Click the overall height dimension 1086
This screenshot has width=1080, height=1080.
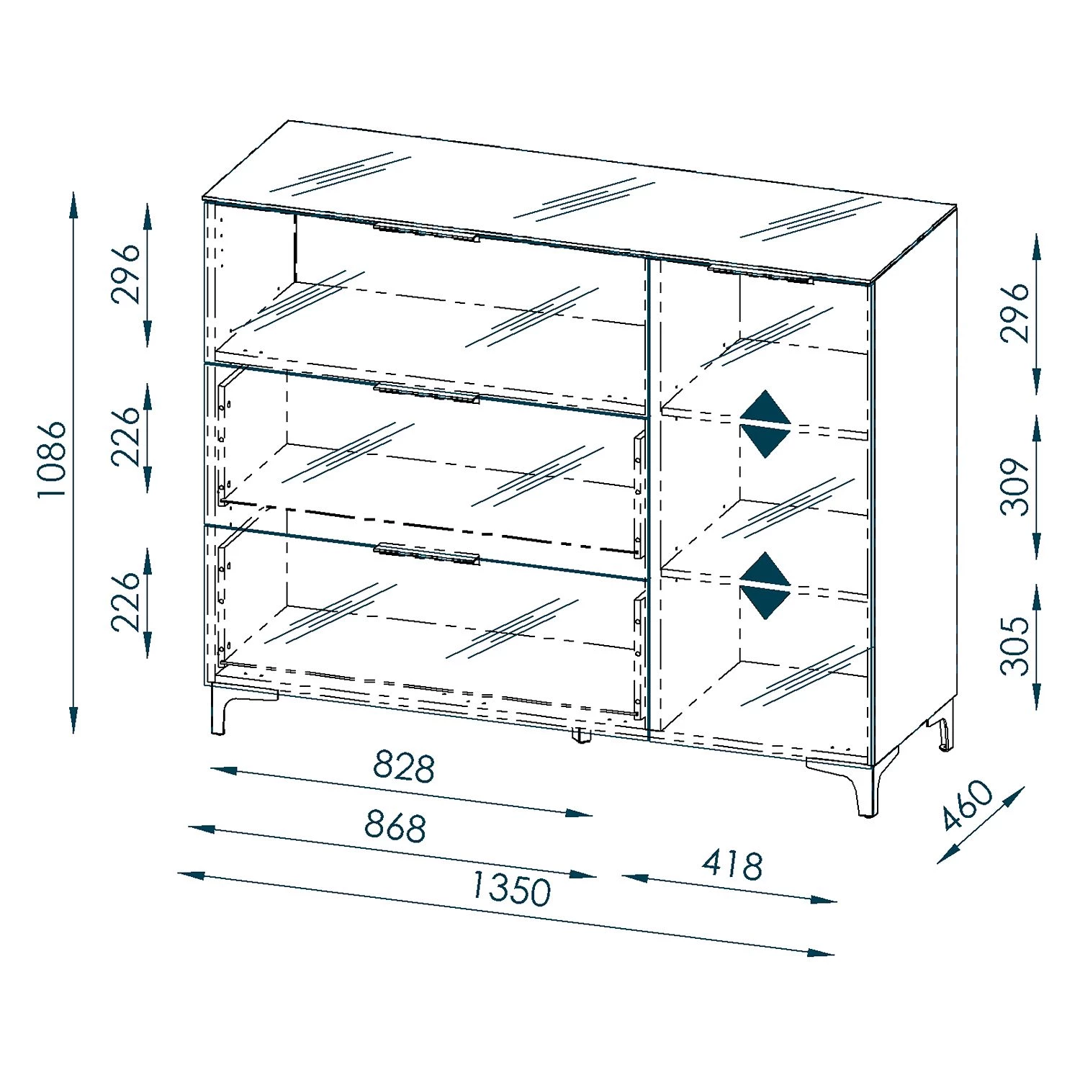(x=52, y=459)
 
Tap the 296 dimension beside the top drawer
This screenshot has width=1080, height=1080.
(x=126, y=274)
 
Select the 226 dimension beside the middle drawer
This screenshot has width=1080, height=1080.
(x=126, y=436)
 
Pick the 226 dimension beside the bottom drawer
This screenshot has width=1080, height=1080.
(x=126, y=601)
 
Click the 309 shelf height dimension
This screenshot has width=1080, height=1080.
(x=1015, y=486)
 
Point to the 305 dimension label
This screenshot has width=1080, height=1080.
(x=1015, y=645)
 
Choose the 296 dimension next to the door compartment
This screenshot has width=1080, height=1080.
(x=1015, y=312)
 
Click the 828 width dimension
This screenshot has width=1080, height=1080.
(x=404, y=767)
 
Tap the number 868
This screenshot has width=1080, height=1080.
(x=395, y=826)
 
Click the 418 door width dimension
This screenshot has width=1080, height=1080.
(x=732, y=865)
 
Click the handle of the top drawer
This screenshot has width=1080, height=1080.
(x=426, y=233)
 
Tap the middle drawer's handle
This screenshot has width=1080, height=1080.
(x=426, y=393)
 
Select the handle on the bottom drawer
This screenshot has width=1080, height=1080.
(x=426, y=554)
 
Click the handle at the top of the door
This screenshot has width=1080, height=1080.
(x=760, y=274)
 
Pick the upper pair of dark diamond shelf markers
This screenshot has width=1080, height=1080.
(x=765, y=424)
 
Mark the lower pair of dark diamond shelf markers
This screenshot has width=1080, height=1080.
(x=765, y=585)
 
